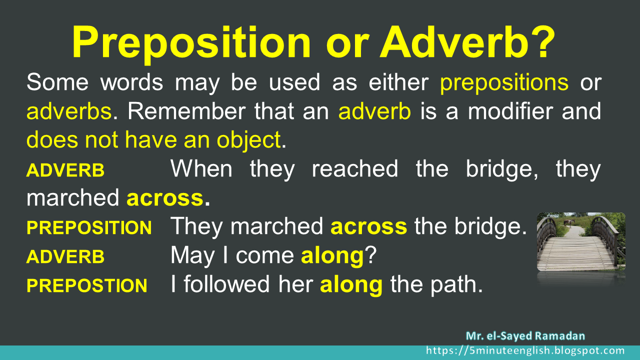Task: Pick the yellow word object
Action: tap(248, 140)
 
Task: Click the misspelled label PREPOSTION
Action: tap(86, 286)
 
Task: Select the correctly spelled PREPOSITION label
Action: tap(89, 228)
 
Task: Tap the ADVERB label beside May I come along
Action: tap(65, 257)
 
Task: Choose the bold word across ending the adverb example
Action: tap(164, 198)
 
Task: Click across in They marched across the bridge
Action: tap(368, 227)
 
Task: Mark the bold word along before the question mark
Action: tap(331, 256)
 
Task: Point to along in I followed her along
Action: tap(351, 285)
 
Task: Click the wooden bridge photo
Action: tap(581, 242)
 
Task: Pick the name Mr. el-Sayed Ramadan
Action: tap(525, 336)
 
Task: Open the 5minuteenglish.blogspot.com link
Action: tap(525, 351)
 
